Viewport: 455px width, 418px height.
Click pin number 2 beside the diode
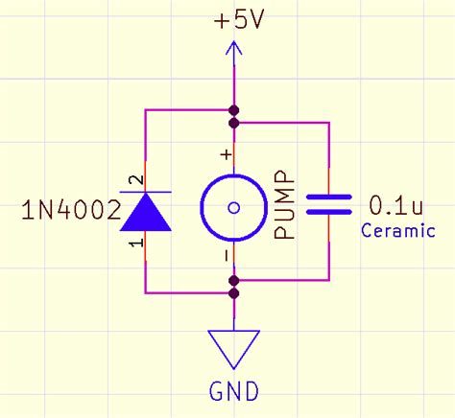[x=136, y=179]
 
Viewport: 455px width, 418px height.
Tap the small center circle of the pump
[x=233, y=207]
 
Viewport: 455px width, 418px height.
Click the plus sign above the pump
[x=227, y=153]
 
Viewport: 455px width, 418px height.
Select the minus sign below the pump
[x=227, y=257]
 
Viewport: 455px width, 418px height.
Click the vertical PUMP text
[x=285, y=206]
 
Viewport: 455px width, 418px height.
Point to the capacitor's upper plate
[x=329, y=197]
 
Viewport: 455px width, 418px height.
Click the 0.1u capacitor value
[x=394, y=205]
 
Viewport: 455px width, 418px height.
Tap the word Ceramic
[x=397, y=231]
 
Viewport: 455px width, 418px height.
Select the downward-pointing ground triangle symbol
[x=233, y=347]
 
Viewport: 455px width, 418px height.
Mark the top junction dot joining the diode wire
[x=233, y=109]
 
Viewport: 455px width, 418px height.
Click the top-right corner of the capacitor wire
[x=329, y=123]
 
